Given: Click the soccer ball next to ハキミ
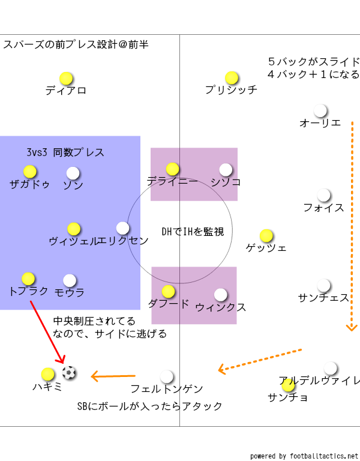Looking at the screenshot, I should pyautogui.click(x=70, y=373).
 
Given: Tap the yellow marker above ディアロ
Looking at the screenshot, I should pyautogui.click(x=66, y=79).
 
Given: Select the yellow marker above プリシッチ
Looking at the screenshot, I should pyautogui.click(x=232, y=78).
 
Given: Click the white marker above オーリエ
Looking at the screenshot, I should pyautogui.click(x=320, y=111).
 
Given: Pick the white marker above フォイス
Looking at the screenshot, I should pyautogui.click(x=324, y=195).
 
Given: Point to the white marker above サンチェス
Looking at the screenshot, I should pyautogui.click(x=324, y=285).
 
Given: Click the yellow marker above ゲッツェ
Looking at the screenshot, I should pyautogui.click(x=266, y=235).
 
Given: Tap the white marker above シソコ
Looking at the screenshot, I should pyautogui.click(x=226, y=170).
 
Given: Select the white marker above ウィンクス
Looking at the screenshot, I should pyautogui.click(x=221, y=295).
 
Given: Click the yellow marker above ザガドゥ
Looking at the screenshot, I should pyautogui.click(x=30, y=172).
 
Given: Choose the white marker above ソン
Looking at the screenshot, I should pyautogui.click(x=73, y=173).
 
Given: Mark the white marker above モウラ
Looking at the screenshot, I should pyautogui.click(x=70, y=280).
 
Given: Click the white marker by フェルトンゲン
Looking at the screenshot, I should pyautogui.click(x=167, y=376).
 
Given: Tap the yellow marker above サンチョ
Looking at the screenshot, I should pyautogui.click(x=288, y=384).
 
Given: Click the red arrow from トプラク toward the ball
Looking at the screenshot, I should pyautogui.click(x=46, y=331).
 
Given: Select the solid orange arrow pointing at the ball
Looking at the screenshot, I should pyautogui.click(x=113, y=376).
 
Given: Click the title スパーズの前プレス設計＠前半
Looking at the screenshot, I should pyautogui.click(x=76, y=45).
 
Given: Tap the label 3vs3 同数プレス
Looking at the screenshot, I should pyautogui.click(x=65, y=152).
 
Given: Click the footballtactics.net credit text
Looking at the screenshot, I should pyautogui.click(x=304, y=456).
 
